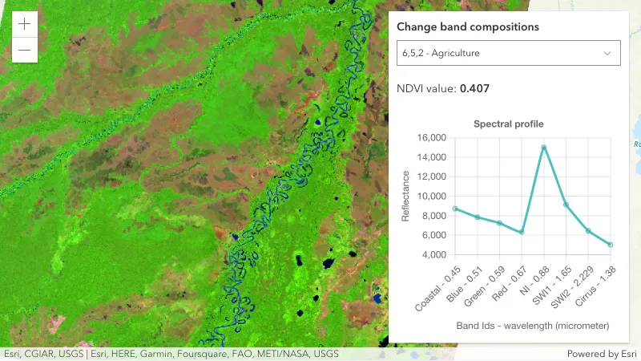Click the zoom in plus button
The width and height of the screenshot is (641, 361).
(24, 23)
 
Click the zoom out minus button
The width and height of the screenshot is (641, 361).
(24, 50)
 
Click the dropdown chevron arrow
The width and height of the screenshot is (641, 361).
(607, 53)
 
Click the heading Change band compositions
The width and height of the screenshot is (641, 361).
(468, 26)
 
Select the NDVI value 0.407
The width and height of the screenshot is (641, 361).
(474, 88)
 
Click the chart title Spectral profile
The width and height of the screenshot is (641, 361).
(508, 124)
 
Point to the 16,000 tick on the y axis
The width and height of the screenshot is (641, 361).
(432, 138)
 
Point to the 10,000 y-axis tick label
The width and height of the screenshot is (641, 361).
(432, 197)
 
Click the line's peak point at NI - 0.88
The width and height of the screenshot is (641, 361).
(544, 147)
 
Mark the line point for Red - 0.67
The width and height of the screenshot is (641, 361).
(522, 233)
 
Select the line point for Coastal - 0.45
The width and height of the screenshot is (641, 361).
(455, 209)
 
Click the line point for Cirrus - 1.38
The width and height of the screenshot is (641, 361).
(610, 245)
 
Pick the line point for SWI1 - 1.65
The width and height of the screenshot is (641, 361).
(566, 205)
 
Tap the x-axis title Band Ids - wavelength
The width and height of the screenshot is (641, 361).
(533, 327)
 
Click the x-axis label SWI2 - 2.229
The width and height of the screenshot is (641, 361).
(573, 285)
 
